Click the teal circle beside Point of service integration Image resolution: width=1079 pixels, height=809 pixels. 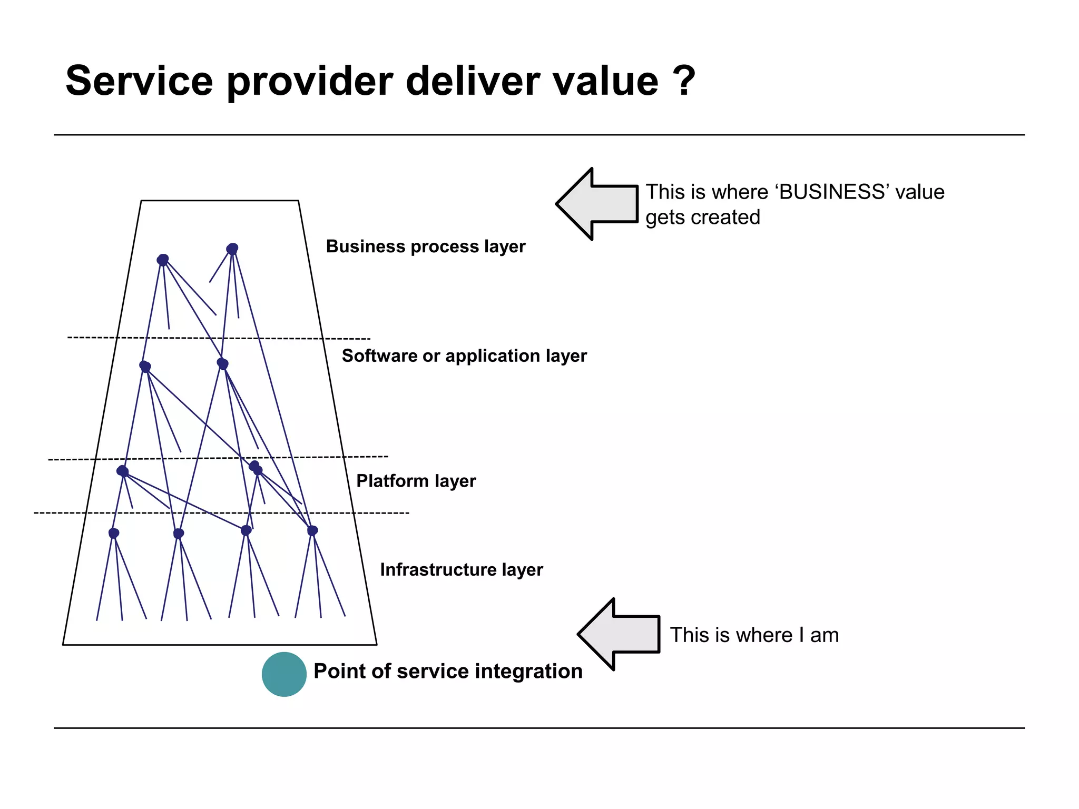284,674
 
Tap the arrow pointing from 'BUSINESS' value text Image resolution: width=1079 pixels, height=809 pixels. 598,204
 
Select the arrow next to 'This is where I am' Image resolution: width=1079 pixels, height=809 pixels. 620,634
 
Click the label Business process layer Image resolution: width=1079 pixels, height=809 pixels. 426,246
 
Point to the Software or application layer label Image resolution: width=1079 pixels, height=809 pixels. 464,356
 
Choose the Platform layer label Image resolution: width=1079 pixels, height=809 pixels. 416,481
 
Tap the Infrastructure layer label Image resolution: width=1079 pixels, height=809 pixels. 462,570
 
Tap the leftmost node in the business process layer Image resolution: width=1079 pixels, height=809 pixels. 163,260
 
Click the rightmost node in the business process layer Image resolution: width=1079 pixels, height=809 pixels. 232,249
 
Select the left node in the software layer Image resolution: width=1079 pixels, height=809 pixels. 145,366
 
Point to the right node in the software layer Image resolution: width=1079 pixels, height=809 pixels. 222,363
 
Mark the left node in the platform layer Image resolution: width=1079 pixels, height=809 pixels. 122,471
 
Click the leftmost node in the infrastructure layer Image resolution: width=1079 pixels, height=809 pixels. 114,533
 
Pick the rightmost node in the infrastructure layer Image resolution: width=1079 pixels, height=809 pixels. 312,530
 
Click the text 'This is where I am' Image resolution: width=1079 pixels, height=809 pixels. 754,635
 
